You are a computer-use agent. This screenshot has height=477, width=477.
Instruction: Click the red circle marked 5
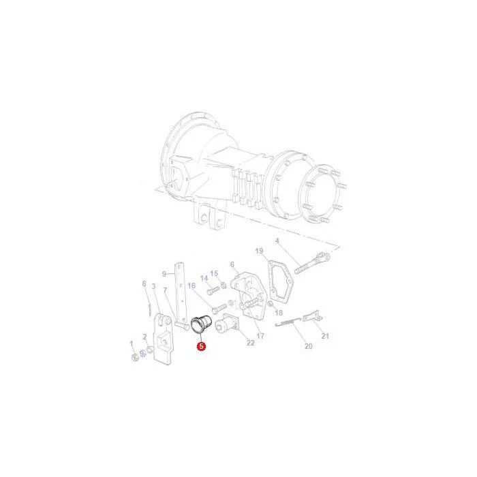[x=201, y=346]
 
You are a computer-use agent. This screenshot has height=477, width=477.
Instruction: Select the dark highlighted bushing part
[x=200, y=324]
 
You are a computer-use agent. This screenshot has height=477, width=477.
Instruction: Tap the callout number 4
[x=277, y=241]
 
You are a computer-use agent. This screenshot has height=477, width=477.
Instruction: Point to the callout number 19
[x=259, y=251]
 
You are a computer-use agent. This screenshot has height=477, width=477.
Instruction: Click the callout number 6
[x=232, y=264]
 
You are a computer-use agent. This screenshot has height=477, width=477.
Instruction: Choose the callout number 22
[x=250, y=343]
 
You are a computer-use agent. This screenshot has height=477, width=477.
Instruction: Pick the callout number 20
[x=309, y=346]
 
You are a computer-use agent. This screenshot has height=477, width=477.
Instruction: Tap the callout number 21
[x=325, y=336]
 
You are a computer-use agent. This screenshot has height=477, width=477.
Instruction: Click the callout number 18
[x=279, y=312]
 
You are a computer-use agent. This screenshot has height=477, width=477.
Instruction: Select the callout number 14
[x=204, y=278]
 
